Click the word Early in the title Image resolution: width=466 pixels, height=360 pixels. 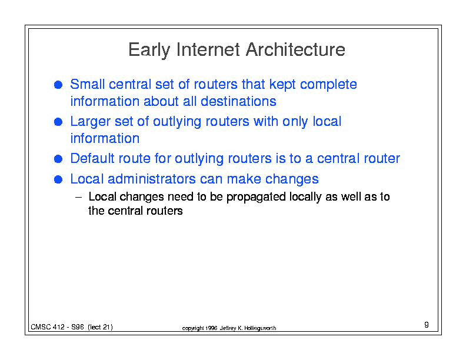point(149,50)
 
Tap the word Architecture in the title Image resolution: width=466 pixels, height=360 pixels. point(295,49)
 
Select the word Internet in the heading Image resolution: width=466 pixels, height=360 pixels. point(208,49)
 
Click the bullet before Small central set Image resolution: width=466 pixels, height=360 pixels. point(58,85)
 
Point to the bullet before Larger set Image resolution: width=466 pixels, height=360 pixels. point(58,122)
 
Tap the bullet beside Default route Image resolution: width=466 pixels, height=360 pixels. point(58,159)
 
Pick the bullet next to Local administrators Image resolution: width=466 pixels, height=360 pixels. point(58,179)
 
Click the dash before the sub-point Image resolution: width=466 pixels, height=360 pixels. point(78,197)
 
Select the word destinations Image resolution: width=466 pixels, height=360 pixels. point(238,101)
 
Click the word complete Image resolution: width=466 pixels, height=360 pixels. point(328,85)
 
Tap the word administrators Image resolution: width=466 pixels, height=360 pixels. point(152,179)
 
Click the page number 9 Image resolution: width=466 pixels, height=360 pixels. point(427,325)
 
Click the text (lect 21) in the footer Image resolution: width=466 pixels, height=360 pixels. point(100,327)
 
